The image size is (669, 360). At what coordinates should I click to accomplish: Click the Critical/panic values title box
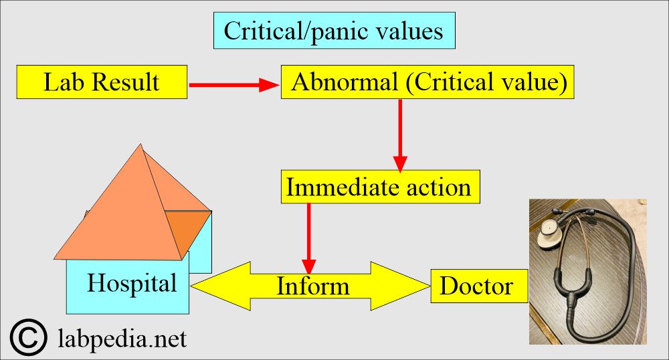(x=334, y=31)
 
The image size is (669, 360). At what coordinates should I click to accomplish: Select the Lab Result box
(x=102, y=82)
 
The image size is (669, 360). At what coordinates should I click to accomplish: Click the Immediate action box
(x=379, y=187)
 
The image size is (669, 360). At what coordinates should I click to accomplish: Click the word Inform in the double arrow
(x=312, y=286)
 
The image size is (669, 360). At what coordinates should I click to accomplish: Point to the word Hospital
(x=132, y=283)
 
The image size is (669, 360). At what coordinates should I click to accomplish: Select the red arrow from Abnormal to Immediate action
(x=400, y=134)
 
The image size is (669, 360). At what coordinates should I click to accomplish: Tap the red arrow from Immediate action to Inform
(x=309, y=234)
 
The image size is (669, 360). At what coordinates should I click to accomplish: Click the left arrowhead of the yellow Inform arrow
(x=211, y=286)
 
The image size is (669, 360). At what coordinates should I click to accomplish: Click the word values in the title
(x=410, y=31)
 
